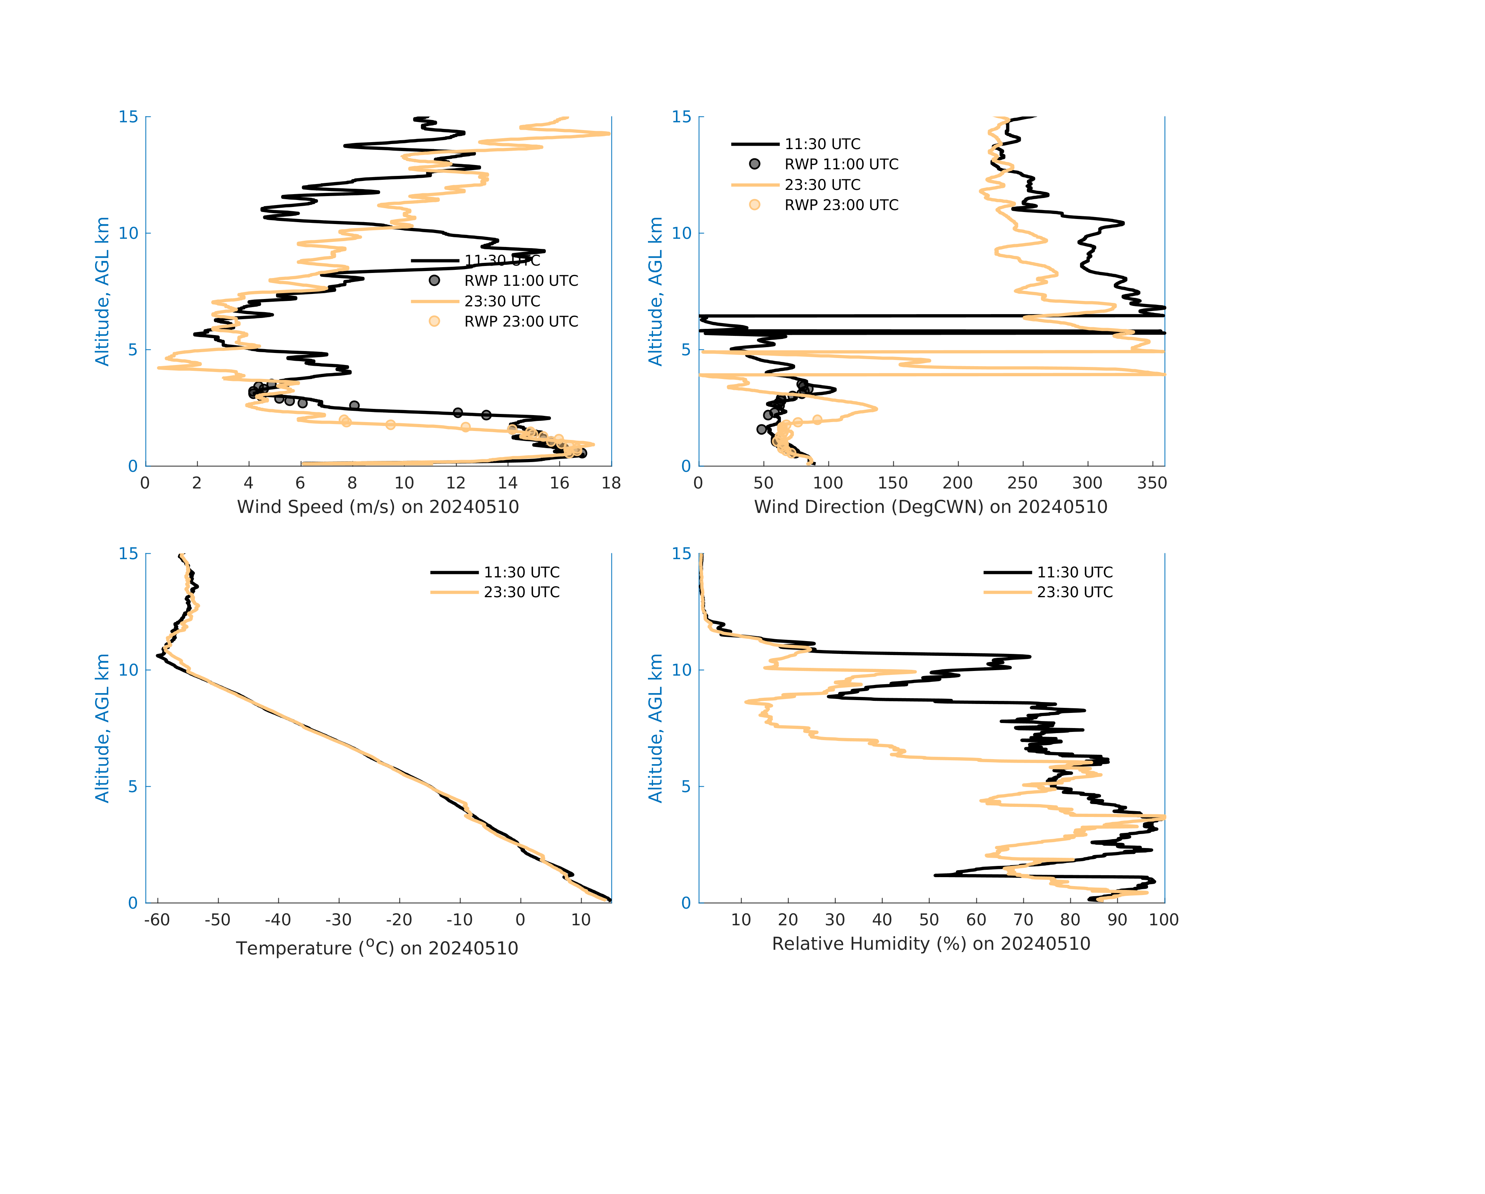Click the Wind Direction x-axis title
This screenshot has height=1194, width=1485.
pos(931,507)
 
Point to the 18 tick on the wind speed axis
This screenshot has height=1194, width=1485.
pos(611,483)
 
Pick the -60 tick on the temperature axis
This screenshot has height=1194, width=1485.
pos(157,920)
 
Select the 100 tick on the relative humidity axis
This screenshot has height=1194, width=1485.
pos(1163,920)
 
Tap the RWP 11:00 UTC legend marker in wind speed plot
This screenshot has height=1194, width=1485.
pos(434,280)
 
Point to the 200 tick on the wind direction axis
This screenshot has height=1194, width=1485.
pos(957,483)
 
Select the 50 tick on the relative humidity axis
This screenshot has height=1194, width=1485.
pos(929,920)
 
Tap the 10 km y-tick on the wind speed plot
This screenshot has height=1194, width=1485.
pos(129,233)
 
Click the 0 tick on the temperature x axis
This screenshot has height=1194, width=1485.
pos(520,920)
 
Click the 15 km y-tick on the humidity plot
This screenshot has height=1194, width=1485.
pos(681,554)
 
